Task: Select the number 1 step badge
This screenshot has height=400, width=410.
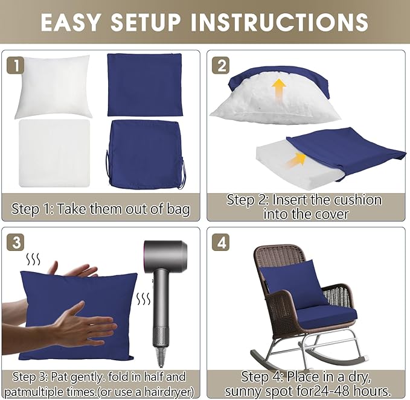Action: click(x=16, y=65)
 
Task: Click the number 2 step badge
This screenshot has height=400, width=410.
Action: click(x=220, y=65)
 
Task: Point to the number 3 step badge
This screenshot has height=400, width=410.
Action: click(x=16, y=243)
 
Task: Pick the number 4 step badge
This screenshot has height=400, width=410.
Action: click(x=220, y=243)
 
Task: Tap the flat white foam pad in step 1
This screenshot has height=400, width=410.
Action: click(x=54, y=153)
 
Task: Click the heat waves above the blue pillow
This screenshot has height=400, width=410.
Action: click(x=33, y=259)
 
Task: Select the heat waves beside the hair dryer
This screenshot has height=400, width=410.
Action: click(x=144, y=299)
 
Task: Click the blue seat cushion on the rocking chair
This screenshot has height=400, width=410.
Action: click(x=327, y=318)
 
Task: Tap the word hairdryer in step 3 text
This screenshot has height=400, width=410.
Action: click(x=167, y=392)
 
